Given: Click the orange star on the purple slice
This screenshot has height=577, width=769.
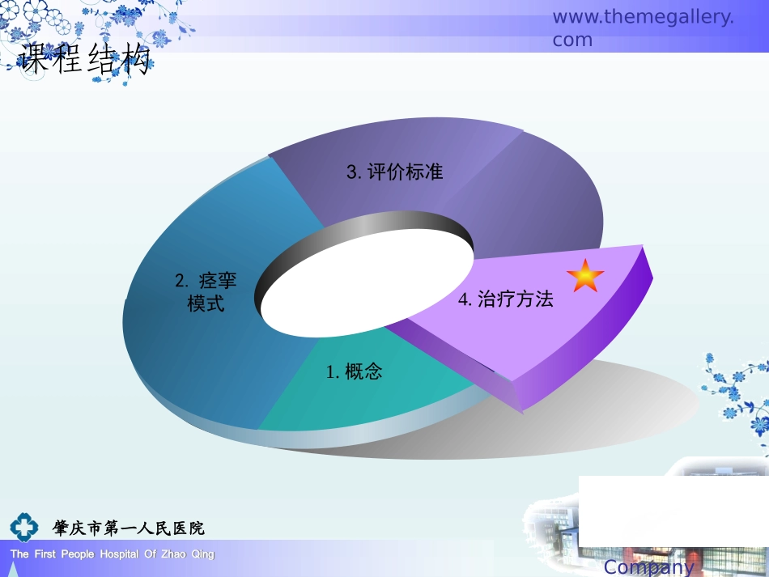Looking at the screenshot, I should [x=584, y=276].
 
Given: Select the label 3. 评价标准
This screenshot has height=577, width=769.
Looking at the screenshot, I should [x=395, y=172].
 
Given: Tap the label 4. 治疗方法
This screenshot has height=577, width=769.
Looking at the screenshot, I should [x=506, y=299].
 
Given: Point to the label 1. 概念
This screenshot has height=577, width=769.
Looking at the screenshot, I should [x=354, y=371].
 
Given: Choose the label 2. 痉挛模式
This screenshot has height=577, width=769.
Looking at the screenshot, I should [x=206, y=292].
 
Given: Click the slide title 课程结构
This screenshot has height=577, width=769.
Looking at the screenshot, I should [x=85, y=60].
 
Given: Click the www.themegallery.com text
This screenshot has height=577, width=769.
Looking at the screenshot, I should [x=643, y=28].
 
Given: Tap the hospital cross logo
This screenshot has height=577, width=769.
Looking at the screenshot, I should [x=23, y=528].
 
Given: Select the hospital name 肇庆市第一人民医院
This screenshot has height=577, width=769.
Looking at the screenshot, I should [x=129, y=528].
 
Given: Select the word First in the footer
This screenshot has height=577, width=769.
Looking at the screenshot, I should [x=44, y=554].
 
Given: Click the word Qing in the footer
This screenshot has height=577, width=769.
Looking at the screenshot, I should [x=203, y=554].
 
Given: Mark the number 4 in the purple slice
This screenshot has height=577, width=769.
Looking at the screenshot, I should [x=464, y=299].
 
